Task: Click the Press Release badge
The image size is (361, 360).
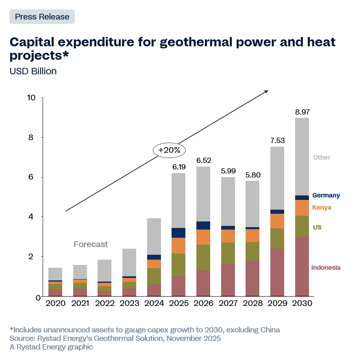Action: (42, 17)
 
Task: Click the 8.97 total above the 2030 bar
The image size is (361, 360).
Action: (302, 112)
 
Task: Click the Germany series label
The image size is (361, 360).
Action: (326, 195)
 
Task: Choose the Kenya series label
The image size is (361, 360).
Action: (322, 208)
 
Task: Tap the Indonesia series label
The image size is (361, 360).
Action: (326, 268)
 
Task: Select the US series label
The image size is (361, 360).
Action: (317, 228)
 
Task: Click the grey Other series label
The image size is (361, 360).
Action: (322, 158)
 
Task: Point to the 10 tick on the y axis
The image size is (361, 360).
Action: (32, 98)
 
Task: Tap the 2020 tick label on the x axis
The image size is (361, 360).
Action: (55, 304)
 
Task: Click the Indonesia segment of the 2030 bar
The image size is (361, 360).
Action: (302, 267)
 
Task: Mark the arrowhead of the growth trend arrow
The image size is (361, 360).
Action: (266, 91)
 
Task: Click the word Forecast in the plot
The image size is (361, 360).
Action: (91, 244)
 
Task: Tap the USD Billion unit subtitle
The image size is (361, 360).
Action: (33, 71)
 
